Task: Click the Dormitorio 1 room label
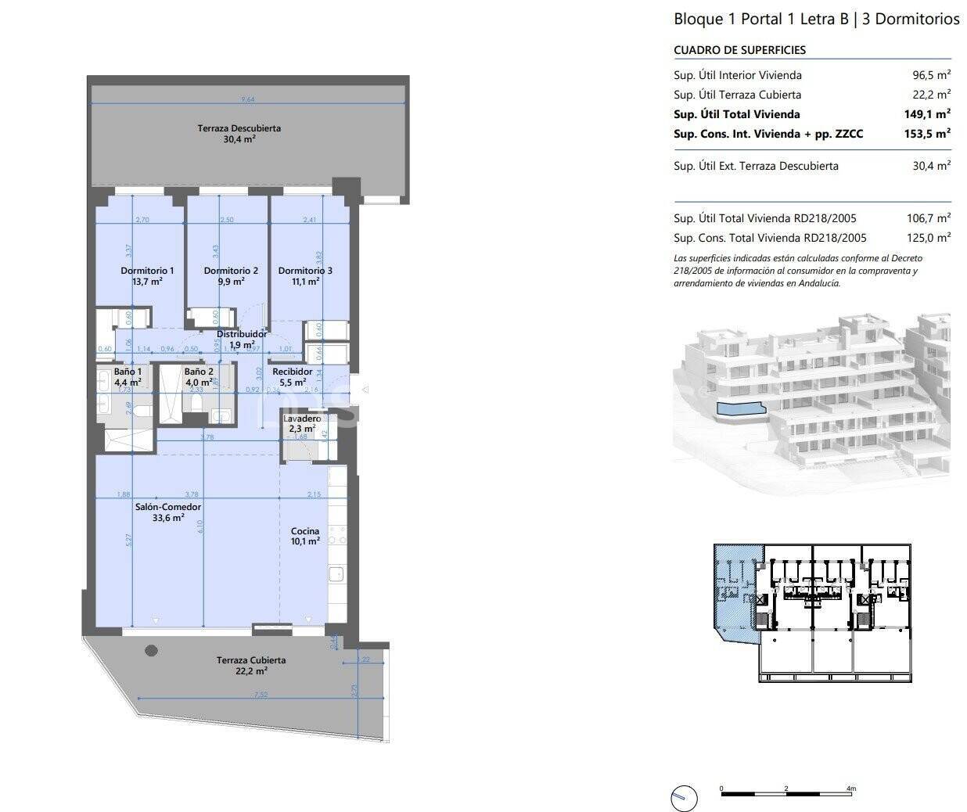[x=147, y=271]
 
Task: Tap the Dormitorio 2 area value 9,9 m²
[x=231, y=282]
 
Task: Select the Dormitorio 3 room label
[x=305, y=271]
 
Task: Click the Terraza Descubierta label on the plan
[x=239, y=128]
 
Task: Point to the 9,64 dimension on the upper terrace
[x=248, y=99]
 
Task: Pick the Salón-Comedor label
[x=163, y=507]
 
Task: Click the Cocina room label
[x=304, y=531]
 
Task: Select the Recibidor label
[x=292, y=372]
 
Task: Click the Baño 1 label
[x=128, y=372]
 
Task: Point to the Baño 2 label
[x=199, y=372]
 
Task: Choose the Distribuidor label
[x=242, y=334]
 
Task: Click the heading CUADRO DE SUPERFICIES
[x=739, y=50]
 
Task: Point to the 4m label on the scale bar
[x=851, y=788]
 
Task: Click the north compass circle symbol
[x=683, y=797]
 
